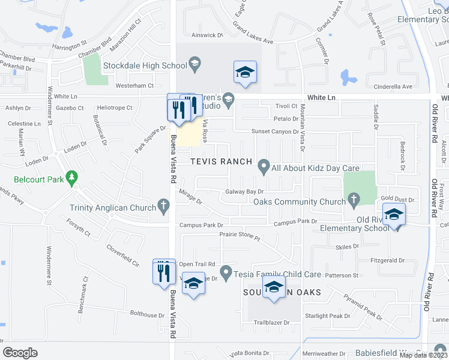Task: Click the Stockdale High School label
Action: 145,65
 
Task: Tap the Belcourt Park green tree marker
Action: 73,178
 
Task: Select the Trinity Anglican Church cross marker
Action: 163,207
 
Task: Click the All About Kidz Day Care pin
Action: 263,165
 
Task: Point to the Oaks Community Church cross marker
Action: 354,198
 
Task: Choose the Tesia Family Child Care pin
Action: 226,274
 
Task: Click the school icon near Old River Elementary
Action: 393,215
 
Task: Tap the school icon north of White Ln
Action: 244,73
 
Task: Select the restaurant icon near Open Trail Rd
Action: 163,271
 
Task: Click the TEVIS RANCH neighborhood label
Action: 221,162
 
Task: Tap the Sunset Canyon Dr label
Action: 274,131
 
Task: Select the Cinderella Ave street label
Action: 393,86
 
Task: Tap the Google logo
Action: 20,353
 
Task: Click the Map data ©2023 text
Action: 423,355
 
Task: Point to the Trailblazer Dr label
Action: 271,323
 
